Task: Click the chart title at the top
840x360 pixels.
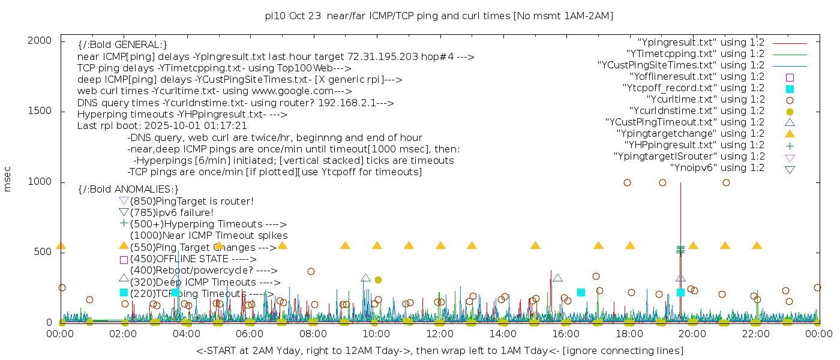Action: (439, 16)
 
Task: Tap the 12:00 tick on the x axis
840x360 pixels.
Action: (440, 334)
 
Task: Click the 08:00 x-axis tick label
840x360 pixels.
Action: (313, 334)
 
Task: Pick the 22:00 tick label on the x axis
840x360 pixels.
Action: (756, 334)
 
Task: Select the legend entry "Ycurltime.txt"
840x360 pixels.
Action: (705, 100)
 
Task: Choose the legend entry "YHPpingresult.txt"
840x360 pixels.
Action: (694, 145)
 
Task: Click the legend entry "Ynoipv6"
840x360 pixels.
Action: (717, 168)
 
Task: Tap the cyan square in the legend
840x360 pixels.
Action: (790, 89)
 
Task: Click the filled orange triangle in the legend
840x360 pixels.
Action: (790, 134)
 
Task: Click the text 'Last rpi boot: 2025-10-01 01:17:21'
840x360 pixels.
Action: (162, 126)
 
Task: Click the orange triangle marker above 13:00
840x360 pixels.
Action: (472, 245)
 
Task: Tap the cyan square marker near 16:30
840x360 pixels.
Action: (581, 292)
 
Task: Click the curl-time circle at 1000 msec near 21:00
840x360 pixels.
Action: (726, 182)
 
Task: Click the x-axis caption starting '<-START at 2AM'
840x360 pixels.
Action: (439, 350)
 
